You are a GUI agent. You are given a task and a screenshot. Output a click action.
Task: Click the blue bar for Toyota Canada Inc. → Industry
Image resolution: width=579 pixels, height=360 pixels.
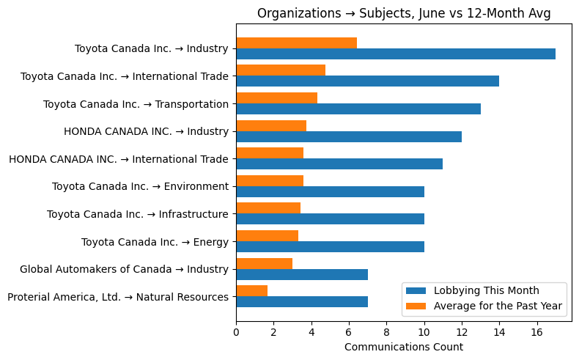(x=396, y=54)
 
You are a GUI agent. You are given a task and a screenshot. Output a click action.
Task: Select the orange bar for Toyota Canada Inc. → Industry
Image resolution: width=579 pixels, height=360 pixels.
(x=296, y=43)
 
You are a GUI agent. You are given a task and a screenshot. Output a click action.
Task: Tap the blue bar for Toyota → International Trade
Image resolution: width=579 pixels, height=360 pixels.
(x=367, y=81)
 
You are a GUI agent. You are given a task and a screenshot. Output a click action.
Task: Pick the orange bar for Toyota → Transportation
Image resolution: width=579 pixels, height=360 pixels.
(x=276, y=98)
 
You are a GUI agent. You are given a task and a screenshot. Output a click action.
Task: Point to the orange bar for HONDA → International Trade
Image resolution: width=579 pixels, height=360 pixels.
(x=270, y=153)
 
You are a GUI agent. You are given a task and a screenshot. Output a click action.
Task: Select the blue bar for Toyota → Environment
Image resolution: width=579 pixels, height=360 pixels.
(x=330, y=191)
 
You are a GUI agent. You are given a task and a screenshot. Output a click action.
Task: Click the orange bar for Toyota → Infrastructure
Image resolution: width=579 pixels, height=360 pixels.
(x=268, y=208)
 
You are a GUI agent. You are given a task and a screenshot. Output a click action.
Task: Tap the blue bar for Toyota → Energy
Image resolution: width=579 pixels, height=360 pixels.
(x=330, y=247)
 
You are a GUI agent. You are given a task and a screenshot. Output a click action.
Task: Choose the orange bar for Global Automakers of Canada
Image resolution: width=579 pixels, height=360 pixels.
(x=264, y=263)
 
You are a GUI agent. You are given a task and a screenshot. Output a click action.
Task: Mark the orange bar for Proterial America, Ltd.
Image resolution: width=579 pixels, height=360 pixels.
(x=251, y=291)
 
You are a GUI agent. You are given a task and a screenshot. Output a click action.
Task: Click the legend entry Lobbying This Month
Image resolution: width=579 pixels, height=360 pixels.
(x=486, y=290)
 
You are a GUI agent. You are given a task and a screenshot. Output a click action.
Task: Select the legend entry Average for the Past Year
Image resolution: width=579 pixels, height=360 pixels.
(x=498, y=306)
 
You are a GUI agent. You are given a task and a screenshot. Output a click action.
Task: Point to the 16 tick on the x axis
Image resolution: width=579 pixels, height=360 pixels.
(x=537, y=332)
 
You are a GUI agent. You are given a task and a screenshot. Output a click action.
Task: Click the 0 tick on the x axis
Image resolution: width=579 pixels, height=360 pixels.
(x=236, y=332)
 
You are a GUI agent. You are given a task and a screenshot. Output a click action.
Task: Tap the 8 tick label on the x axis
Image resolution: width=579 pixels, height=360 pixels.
(x=386, y=332)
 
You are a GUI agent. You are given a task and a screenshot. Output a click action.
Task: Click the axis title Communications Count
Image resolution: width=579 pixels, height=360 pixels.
(x=403, y=347)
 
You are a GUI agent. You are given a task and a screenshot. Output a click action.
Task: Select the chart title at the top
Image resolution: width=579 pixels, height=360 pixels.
(x=403, y=13)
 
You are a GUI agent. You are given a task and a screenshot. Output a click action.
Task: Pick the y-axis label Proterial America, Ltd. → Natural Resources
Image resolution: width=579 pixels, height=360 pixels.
(x=117, y=297)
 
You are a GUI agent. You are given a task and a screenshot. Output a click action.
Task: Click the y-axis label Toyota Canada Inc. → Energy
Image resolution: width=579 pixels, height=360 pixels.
(x=155, y=242)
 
